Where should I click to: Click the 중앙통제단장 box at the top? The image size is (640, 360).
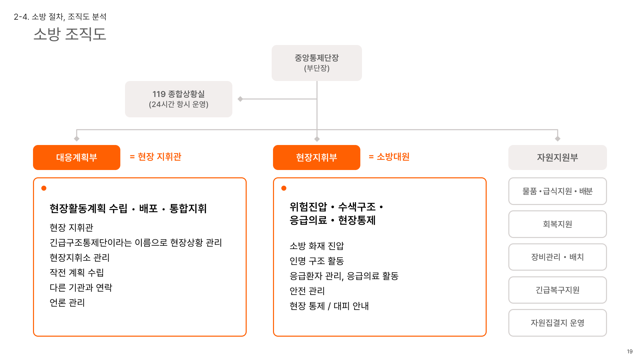[x=317, y=63]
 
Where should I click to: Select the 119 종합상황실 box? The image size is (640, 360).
[x=178, y=99]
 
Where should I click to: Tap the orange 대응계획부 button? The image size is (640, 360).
[x=76, y=157]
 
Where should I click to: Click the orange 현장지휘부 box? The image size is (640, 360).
[x=316, y=157]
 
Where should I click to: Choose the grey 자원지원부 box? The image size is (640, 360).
[x=557, y=157]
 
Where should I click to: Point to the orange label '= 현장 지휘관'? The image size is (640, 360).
[x=155, y=157]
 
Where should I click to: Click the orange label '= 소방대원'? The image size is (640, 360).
[x=389, y=157]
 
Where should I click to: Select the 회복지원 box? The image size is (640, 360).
[x=557, y=224]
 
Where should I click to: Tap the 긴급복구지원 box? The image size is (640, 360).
[x=557, y=290]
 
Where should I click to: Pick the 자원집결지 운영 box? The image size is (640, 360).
[x=557, y=323]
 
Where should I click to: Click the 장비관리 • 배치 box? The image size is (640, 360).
[x=557, y=257]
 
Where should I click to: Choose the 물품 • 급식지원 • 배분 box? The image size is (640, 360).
[x=557, y=191]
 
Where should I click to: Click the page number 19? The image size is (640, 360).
[x=630, y=351]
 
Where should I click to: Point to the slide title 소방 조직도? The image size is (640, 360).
[x=70, y=34]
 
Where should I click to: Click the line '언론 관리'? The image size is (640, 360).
[x=67, y=303]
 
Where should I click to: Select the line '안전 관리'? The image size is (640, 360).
[x=307, y=291]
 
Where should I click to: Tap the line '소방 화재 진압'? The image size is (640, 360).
[x=317, y=246]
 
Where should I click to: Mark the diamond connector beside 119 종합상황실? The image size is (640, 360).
[x=240, y=99]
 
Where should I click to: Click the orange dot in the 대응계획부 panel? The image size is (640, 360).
[x=44, y=188]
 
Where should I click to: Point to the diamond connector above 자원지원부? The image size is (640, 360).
[x=558, y=139]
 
